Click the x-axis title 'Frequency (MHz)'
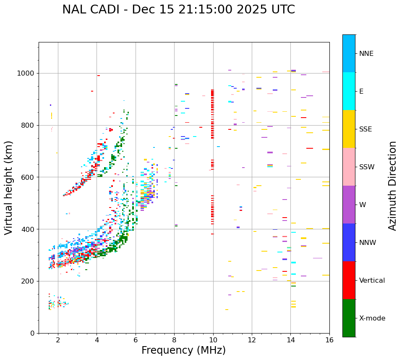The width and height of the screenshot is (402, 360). coord(183,350)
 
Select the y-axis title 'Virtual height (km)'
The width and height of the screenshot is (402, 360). coord(9,187)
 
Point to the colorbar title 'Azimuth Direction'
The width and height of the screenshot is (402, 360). coord(392,186)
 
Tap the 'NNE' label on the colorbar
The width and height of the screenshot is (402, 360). coord(366,54)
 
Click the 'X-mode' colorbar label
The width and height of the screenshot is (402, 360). coord(372,318)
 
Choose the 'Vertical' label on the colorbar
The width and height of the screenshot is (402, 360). coord(372,281)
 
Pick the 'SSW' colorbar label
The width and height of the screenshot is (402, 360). coord(367,167)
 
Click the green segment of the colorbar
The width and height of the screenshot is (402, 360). coord(349,318)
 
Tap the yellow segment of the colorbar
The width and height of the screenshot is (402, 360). coord(349,129)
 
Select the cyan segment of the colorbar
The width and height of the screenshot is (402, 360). coord(349,91)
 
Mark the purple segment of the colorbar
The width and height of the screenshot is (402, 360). coord(349,205)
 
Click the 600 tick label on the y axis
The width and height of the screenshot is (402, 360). coord(29,177)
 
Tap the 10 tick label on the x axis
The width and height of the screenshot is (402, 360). coord(213,340)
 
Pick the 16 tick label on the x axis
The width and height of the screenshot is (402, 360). coord(329,340)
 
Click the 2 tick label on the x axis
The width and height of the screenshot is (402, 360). coord(58,340)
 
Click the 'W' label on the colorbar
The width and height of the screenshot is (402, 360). coord(362,205)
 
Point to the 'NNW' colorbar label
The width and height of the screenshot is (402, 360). coord(367,243)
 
